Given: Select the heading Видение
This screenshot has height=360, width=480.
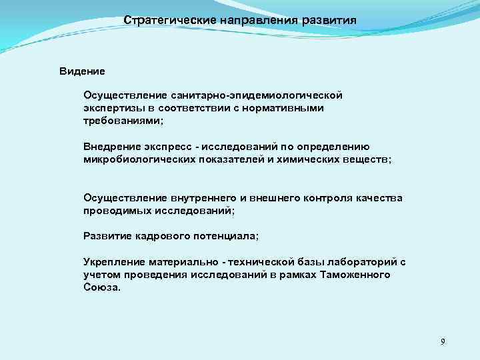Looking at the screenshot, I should coord(82,70).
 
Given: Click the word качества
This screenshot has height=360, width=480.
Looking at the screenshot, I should coord(379,198).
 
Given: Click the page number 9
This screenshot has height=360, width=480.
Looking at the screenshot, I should coord(443,342).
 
